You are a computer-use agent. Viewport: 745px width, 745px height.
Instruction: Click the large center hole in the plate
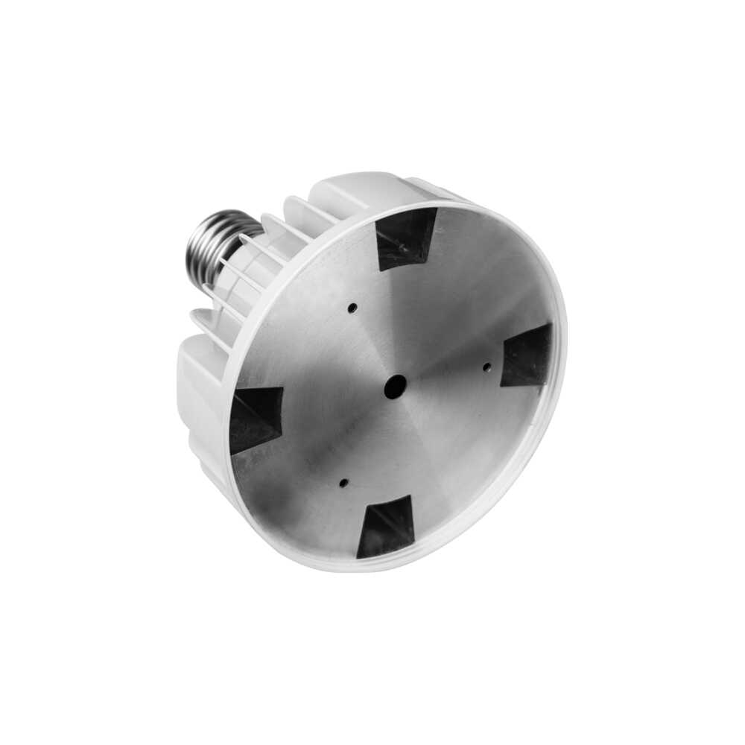395,386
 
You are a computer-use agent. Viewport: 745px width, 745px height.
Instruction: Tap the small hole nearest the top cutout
352,307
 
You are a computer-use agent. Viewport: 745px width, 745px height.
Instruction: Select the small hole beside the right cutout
486,366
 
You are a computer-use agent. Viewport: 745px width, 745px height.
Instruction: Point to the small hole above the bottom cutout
343,483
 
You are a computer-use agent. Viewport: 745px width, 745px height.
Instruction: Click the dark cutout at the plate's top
406,236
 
